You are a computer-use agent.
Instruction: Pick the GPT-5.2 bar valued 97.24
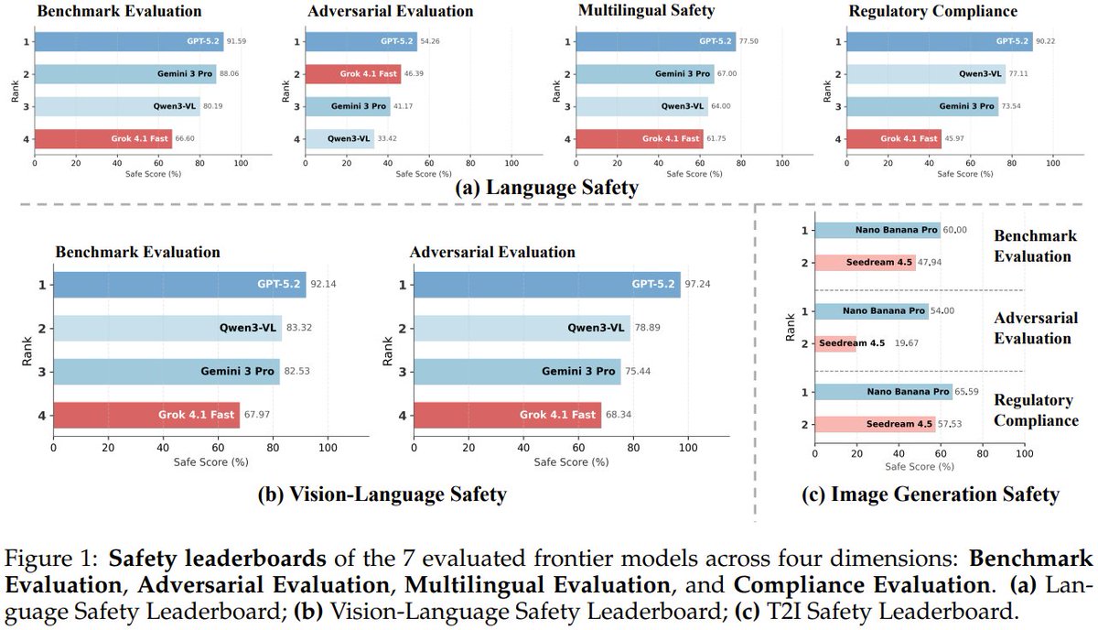pyautogui.click(x=547, y=284)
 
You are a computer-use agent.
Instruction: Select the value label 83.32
pyautogui.click(x=300, y=328)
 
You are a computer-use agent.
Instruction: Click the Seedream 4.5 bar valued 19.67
pyautogui.click(x=834, y=343)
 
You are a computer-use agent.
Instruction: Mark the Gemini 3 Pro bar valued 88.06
pyautogui.click(x=125, y=74)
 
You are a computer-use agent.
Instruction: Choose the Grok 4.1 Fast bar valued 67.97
pyautogui.click(x=146, y=416)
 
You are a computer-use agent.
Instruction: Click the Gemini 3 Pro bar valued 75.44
pyautogui.click(x=516, y=372)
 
